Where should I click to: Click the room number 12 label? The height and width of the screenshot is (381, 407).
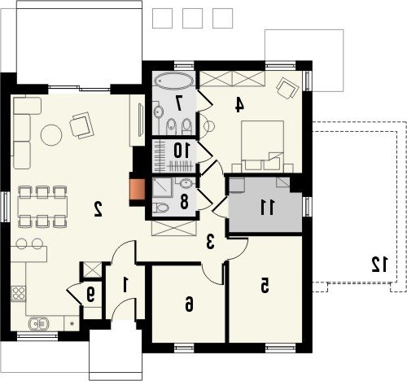(x=380, y=265)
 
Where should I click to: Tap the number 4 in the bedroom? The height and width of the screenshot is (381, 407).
(x=239, y=104)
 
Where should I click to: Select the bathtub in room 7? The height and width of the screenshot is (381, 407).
(x=174, y=81)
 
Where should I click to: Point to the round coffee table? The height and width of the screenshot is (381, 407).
(x=51, y=135)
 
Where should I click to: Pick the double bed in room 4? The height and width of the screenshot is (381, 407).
(x=262, y=145)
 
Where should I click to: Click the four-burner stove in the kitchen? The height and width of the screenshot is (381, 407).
(x=19, y=293)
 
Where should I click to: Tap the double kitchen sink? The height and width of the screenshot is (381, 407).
(x=39, y=323)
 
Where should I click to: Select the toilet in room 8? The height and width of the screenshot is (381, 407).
(x=160, y=208)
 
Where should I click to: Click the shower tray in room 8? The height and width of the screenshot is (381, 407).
(x=162, y=187)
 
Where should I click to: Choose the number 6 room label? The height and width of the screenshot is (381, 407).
(x=189, y=304)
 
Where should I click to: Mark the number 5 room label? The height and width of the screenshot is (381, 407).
(x=265, y=286)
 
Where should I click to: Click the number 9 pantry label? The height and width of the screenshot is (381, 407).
(x=90, y=295)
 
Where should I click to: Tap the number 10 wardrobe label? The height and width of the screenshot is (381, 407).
(x=181, y=151)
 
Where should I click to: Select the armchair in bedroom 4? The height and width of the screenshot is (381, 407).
(x=287, y=88)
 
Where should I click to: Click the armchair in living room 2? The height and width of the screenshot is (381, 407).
(x=81, y=125)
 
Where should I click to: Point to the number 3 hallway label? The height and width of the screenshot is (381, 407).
(x=210, y=242)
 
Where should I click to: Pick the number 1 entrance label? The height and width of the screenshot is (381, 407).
(x=125, y=285)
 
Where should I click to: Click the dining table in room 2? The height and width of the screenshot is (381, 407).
(x=42, y=207)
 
